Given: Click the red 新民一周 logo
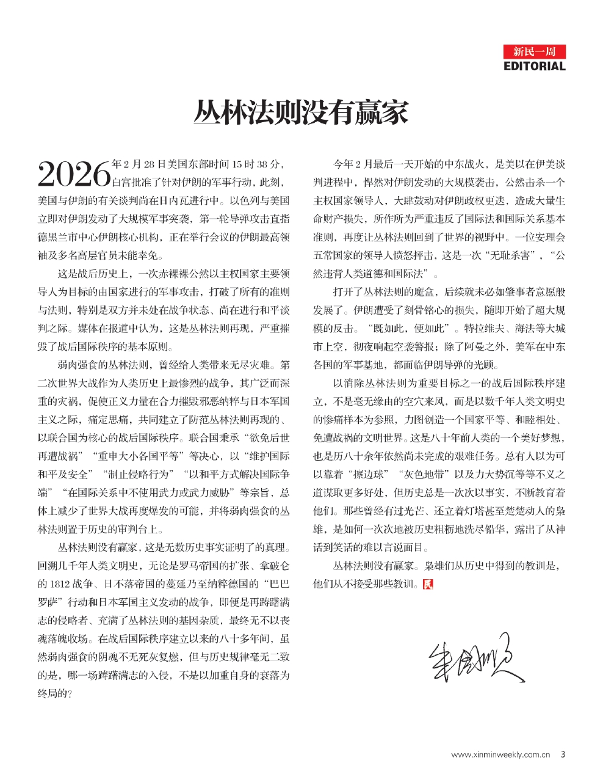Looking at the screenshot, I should click(x=535, y=52).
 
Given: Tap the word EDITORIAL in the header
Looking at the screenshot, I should click(x=535, y=66).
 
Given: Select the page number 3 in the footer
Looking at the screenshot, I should click(x=563, y=755).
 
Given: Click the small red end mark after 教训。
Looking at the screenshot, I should click(x=428, y=583).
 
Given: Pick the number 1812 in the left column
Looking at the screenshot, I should click(x=60, y=583).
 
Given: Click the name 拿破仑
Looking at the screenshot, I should click(x=275, y=565).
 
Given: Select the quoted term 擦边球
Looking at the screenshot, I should click(x=365, y=473).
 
